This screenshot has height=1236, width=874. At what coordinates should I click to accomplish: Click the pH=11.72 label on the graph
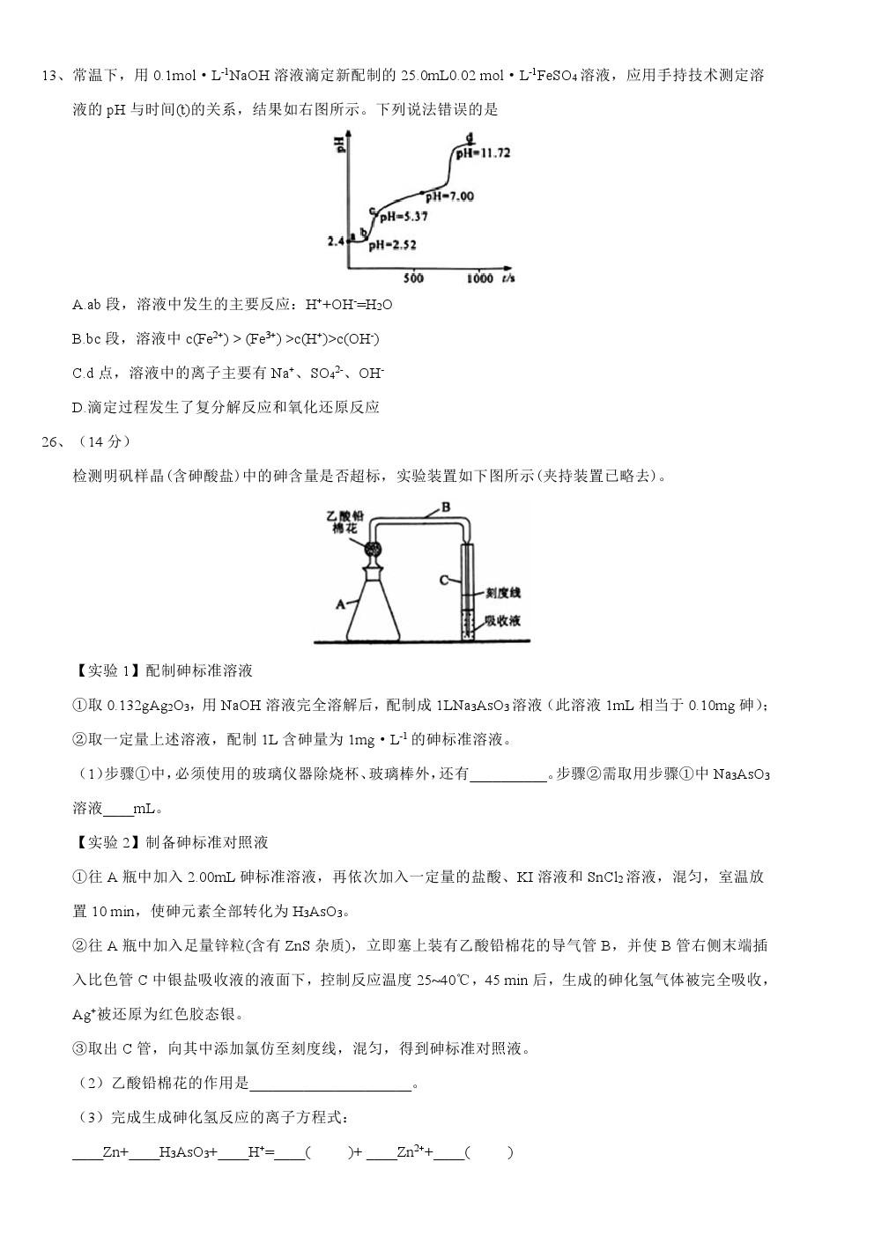click(484, 152)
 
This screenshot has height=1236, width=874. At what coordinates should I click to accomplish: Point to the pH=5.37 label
click(404, 216)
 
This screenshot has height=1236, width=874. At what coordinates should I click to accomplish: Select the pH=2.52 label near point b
click(392, 245)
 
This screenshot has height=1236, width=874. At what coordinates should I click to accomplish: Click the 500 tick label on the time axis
click(413, 278)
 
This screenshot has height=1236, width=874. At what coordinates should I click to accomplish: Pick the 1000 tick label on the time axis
click(478, 278)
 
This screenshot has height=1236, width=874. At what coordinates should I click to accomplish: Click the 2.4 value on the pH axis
click(335, 240)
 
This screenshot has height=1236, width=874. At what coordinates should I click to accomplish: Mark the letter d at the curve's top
click(470, 137)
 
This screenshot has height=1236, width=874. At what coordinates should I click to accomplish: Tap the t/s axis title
click(508, 278)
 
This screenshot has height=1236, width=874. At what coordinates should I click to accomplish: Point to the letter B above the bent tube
click(446, 507)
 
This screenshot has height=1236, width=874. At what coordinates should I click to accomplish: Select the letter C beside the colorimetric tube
click(445, 580)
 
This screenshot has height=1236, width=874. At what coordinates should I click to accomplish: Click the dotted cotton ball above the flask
click(374, 549)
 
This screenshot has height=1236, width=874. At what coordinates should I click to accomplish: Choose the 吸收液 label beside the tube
click(502, 620)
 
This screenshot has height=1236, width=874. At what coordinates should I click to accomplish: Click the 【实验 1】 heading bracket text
click(106, 670)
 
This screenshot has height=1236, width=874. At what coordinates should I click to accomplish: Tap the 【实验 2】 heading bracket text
click(106, 842)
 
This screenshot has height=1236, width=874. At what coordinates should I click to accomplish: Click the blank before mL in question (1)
click(118, 810)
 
